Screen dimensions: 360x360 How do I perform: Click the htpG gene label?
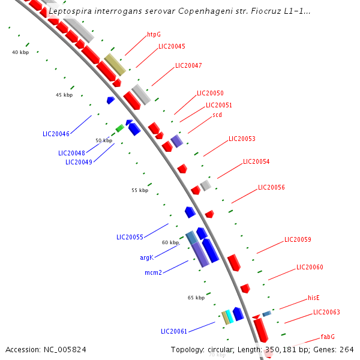[x=154, y=35]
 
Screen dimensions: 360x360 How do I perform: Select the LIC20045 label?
[x=172, y=46]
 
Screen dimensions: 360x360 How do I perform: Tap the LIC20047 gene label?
[x=188, y=65]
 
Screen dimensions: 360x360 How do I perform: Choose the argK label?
[x=147, y=257]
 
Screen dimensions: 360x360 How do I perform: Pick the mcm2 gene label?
[x=153, y=272]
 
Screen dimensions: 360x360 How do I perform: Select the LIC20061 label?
[x=174, y=331]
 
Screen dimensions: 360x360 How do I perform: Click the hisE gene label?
[x=314, y=298]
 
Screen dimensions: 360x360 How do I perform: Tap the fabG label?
[x=328, y=337]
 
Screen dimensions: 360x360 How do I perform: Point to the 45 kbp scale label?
[x=64, y=95]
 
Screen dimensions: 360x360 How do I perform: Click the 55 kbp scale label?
[x=140, y=190]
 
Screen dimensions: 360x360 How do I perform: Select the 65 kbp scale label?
[x=196, y=298]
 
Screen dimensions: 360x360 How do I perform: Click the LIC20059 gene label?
[x=298, y=240]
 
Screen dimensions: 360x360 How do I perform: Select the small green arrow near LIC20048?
[x=119, y=128]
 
